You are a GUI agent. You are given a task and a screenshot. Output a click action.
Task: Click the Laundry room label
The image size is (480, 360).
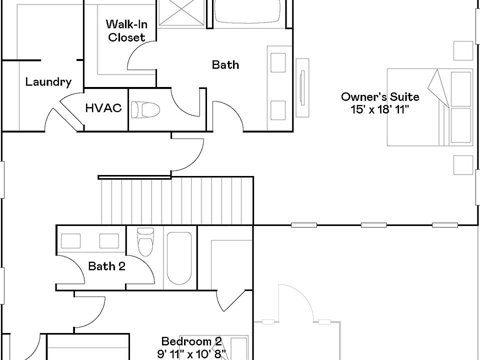point(48,82)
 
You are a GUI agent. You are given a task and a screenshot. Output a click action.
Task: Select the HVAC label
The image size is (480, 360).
point(103,108)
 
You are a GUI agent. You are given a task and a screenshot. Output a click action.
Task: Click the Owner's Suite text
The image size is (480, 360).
point(380,96)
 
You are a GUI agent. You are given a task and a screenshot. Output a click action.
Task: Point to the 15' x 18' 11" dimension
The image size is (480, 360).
point(380,109)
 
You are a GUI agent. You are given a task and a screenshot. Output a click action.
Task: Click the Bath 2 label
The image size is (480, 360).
point(106,266)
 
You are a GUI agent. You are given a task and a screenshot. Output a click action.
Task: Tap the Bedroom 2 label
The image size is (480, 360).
point(192,342)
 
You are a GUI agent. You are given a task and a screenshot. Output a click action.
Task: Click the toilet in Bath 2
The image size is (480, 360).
point(145,241)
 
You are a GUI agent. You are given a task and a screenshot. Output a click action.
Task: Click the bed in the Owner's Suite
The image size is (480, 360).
point(429,107)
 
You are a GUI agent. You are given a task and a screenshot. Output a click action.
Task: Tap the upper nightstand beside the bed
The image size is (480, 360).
point(463,50)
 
